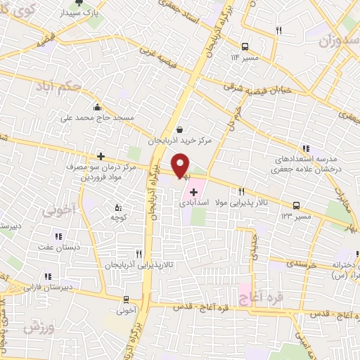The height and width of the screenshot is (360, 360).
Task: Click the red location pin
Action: click(181, 167)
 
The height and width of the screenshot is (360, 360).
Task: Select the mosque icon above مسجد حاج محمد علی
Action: click(96, 108)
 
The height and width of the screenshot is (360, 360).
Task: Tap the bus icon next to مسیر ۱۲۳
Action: click(297, 206)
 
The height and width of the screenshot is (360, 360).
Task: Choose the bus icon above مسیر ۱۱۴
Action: click(245, 43)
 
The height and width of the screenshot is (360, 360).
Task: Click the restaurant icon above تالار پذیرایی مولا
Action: click(242, 191)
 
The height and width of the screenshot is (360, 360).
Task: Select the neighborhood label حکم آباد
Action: click(60, 89)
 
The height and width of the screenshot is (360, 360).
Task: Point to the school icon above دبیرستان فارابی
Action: click(47, 276)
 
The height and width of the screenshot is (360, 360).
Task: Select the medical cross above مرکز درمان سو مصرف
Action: click(101, 156)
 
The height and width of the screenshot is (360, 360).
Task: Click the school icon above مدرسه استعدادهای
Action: click(305, 148)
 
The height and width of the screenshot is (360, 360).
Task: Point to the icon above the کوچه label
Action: click(117, 207)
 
